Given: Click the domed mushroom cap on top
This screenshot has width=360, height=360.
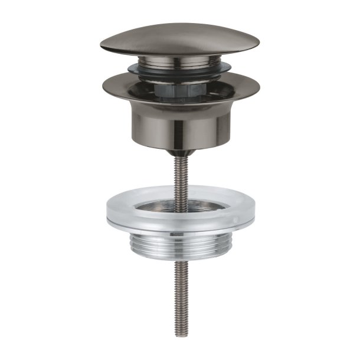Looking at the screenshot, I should [180, 39].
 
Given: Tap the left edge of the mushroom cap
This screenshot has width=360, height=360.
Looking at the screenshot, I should [103, 46].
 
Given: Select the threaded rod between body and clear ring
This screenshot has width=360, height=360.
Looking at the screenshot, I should [180, 177].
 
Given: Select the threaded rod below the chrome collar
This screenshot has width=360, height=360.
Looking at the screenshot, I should [180, 289].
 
